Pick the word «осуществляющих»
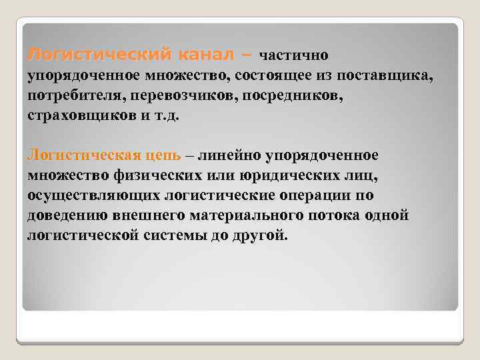pyautogui.click(x=93, y=196)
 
